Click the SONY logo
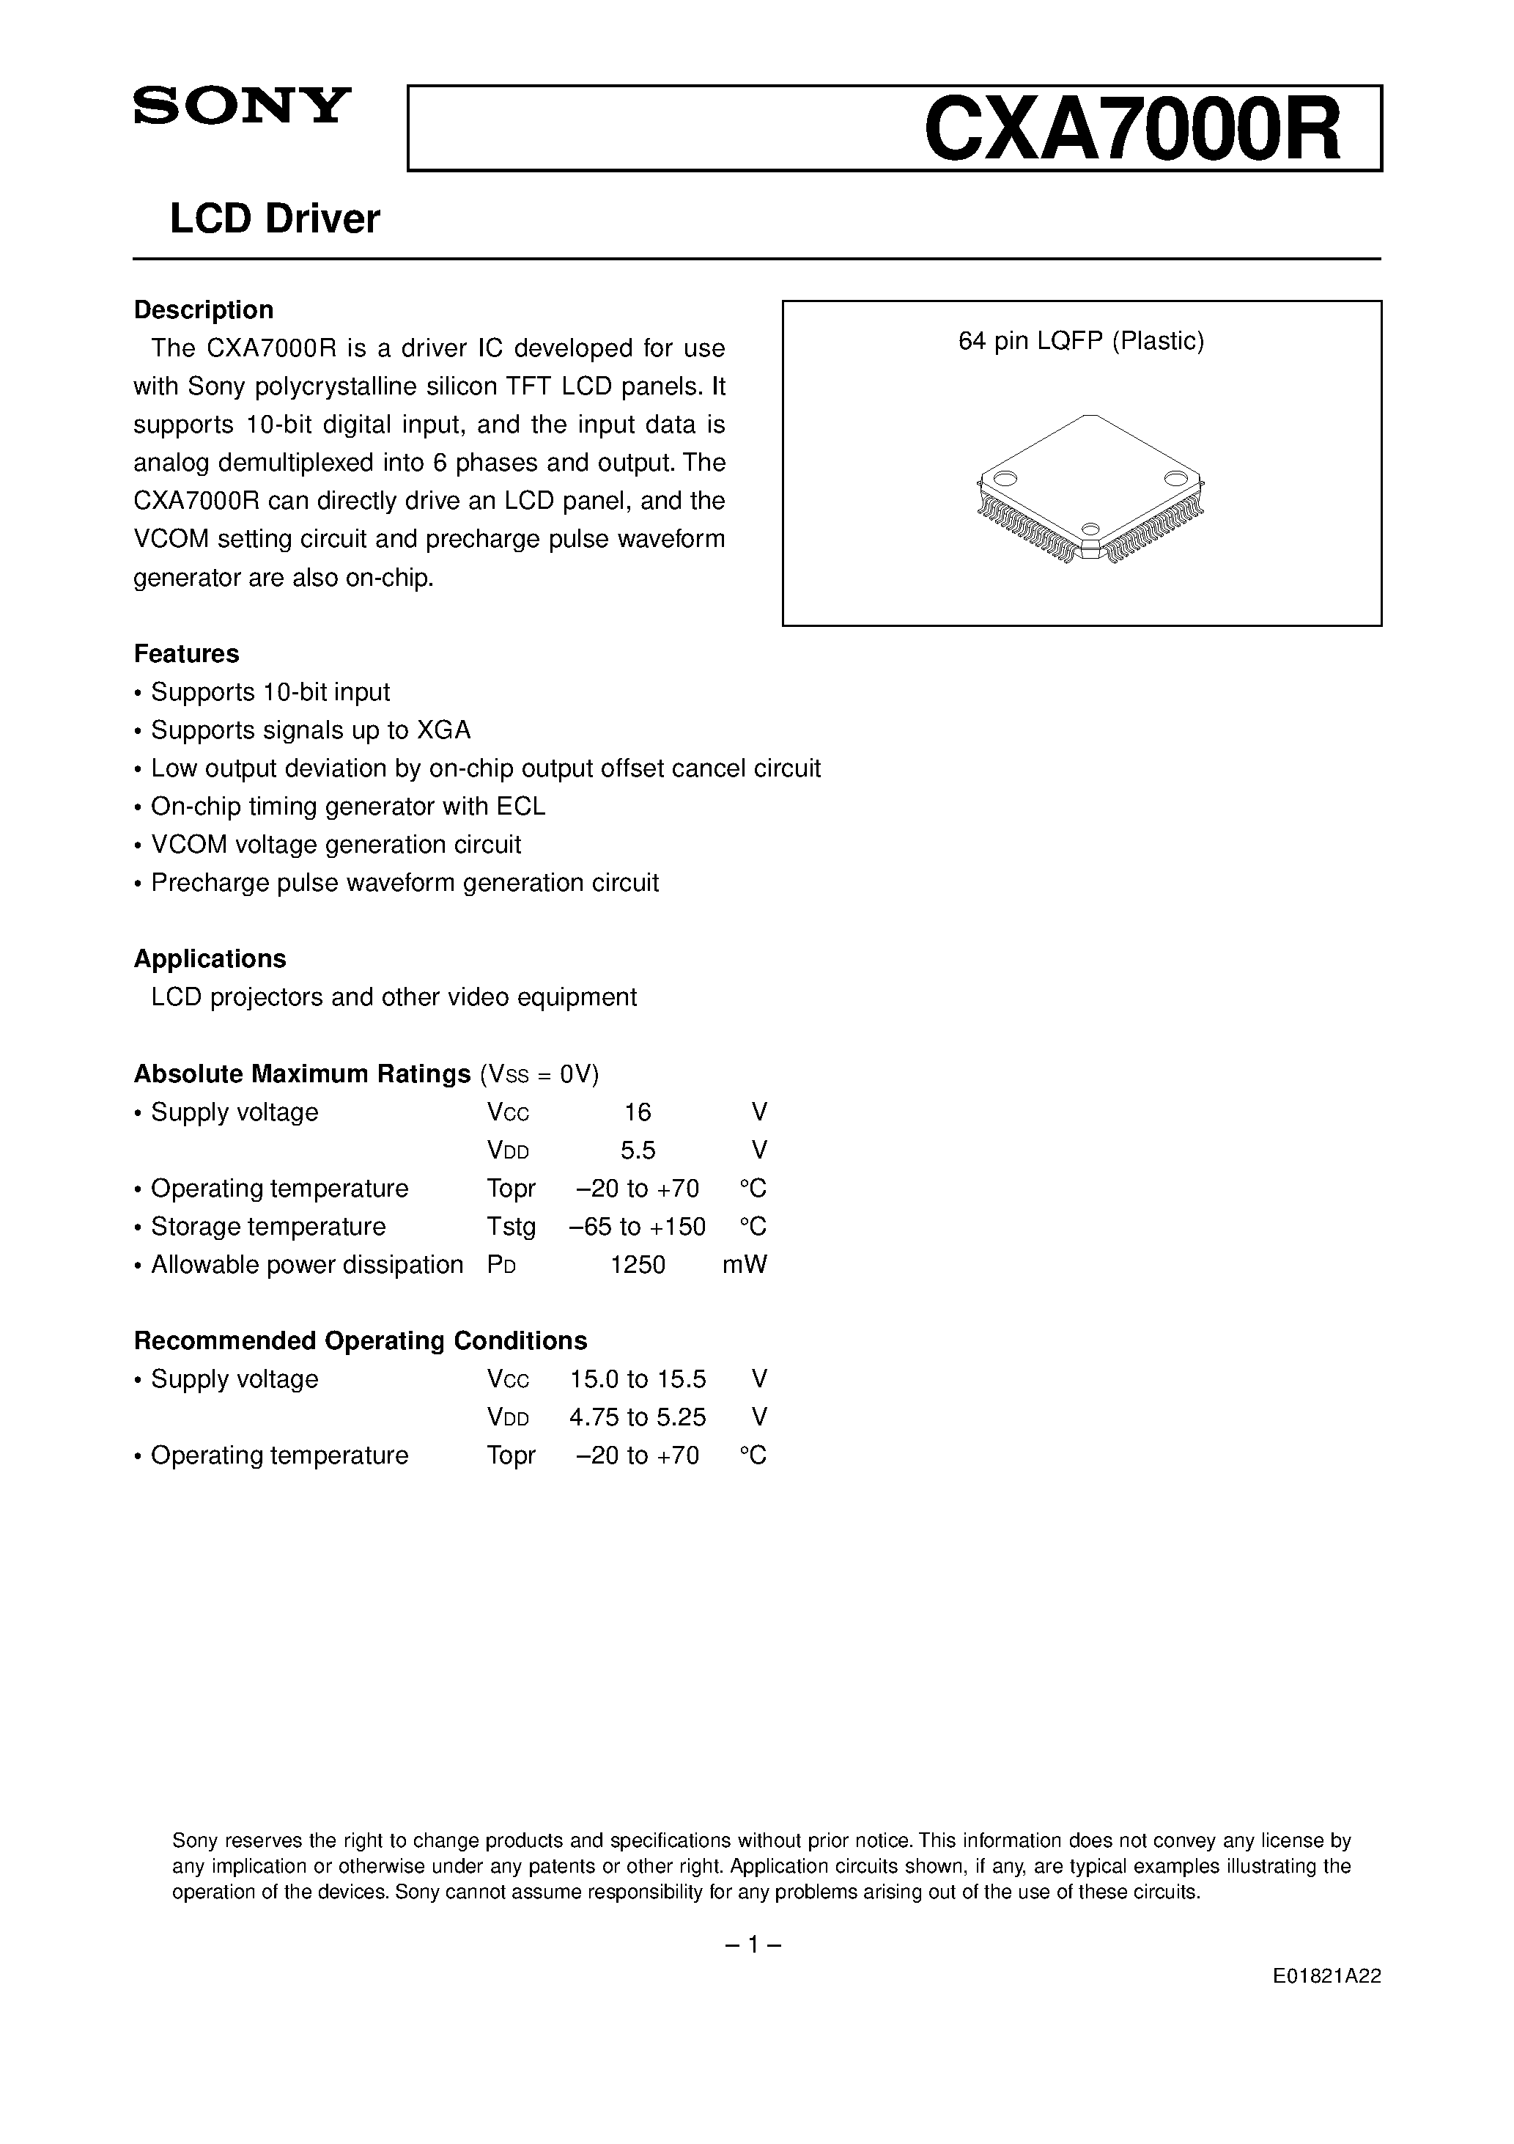(x=242, y=106)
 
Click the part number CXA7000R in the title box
(x=1131, y=131)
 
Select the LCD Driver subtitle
(x=274, y=219)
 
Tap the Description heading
(x=204, y=310)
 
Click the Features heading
(x=187, y=653)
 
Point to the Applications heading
(x=210, y=959)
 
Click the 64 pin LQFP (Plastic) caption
(x=1081, y=342)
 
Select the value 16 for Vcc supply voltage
(x=638, y=1112)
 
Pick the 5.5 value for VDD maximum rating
(x=638, y=1150)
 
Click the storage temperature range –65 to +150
(x=638, y=1227)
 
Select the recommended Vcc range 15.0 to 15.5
(x=638, y=1379)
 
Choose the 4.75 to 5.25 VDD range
(x=638, y=1417)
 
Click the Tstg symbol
(x=511, y=1227)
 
